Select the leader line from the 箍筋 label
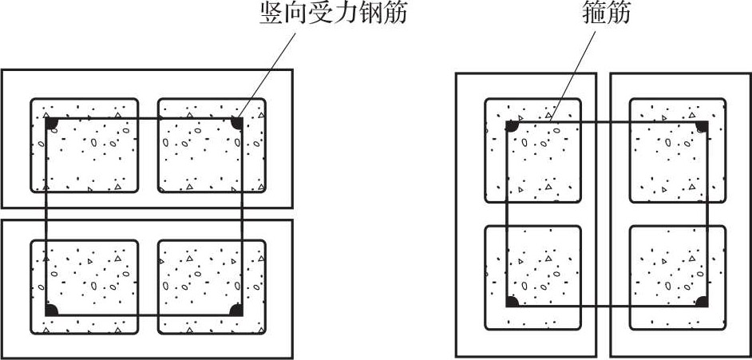click(572, 76)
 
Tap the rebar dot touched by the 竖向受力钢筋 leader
click(236, 123)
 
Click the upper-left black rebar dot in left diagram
click(52, 123)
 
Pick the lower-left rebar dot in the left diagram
click(52, 311)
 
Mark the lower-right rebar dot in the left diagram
click(236, 311)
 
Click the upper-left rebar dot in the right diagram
click(513, 126)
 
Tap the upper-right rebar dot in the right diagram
click(702, 126)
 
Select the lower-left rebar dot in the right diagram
click(513, 301)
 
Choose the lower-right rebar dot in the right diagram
click(702, 301)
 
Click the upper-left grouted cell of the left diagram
click(85, 146)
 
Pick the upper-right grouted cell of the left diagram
click(212, 146)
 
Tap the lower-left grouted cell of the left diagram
click(85, 287)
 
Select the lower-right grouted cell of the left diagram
click(212, 287)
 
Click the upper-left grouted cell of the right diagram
click(532, 151)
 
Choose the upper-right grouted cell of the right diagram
click(678, 151)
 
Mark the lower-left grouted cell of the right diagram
click(532, 278)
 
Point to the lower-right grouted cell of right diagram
click(678, 278)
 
